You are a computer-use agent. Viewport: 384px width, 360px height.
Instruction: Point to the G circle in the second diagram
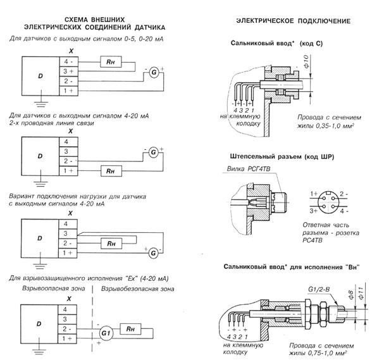[152, 152]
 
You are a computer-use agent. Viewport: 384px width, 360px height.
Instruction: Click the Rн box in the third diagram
[111, 243]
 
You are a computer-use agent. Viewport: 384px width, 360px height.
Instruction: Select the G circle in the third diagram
[152, 253]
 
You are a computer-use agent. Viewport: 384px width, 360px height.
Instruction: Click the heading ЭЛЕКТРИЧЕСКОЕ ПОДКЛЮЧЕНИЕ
[293, 22]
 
